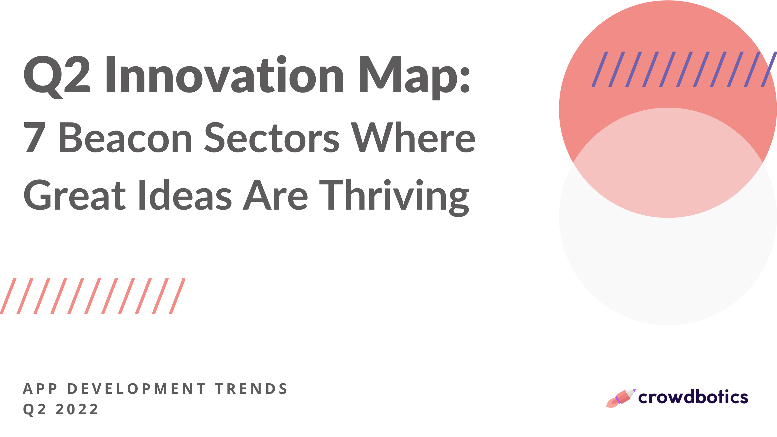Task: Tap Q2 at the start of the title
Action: [x=57, y=76]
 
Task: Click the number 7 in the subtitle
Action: [x=35, y=137]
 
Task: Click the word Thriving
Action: [x=394, y=196]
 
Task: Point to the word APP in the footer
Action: [x=40, y=389]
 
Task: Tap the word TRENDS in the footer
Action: [x=251, y=389]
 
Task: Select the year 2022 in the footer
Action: [x=77, y=409]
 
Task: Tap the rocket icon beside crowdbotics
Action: [x=620, y=398]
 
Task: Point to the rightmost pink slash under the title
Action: [x=177, y=296]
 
